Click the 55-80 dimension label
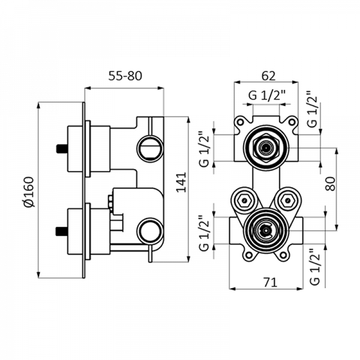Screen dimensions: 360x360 point(124,76)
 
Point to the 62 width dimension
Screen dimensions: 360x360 point(269,76)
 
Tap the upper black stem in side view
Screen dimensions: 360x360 point(60,148)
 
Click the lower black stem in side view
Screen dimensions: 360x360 point(60,230)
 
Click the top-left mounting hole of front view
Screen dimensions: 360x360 point(240,122)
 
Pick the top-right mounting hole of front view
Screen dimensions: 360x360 point(293,122)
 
